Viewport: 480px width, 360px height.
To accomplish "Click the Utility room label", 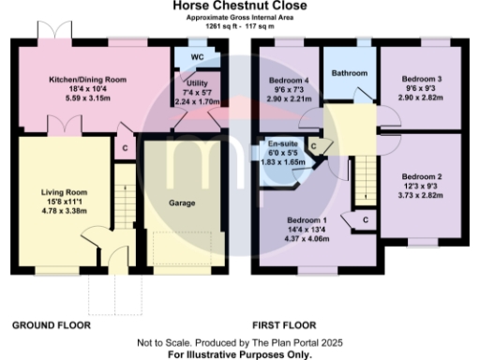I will coord(197,82).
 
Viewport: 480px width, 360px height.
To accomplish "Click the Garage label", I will coord(181,202).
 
